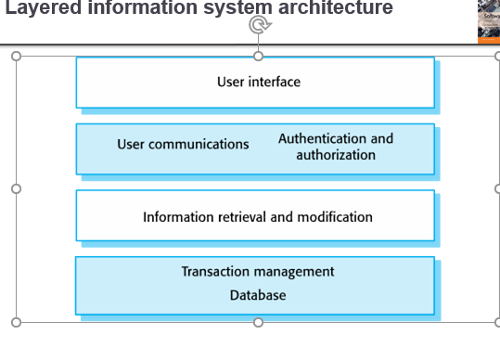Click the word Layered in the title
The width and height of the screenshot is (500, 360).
(38, 9)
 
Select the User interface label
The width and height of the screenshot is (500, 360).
(259, 82)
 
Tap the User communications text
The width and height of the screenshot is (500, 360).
(183, 145)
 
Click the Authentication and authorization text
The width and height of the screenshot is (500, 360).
(336, 147)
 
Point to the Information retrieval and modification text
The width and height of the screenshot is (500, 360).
(258, 217)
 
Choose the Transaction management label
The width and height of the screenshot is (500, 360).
(258, 272)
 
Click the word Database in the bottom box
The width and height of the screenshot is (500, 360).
(258, 295)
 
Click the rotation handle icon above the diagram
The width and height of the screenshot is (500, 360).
(259, 25)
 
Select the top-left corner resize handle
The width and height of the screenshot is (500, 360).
(16, 56)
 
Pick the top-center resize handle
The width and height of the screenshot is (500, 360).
(259, 56)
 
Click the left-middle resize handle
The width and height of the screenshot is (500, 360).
(16, 188)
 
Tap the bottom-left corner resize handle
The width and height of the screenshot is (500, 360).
(16, 322)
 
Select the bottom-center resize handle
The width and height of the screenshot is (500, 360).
(259, 322)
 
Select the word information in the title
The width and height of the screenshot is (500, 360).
(126, 9)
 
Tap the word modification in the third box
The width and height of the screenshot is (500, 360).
(334, 217)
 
